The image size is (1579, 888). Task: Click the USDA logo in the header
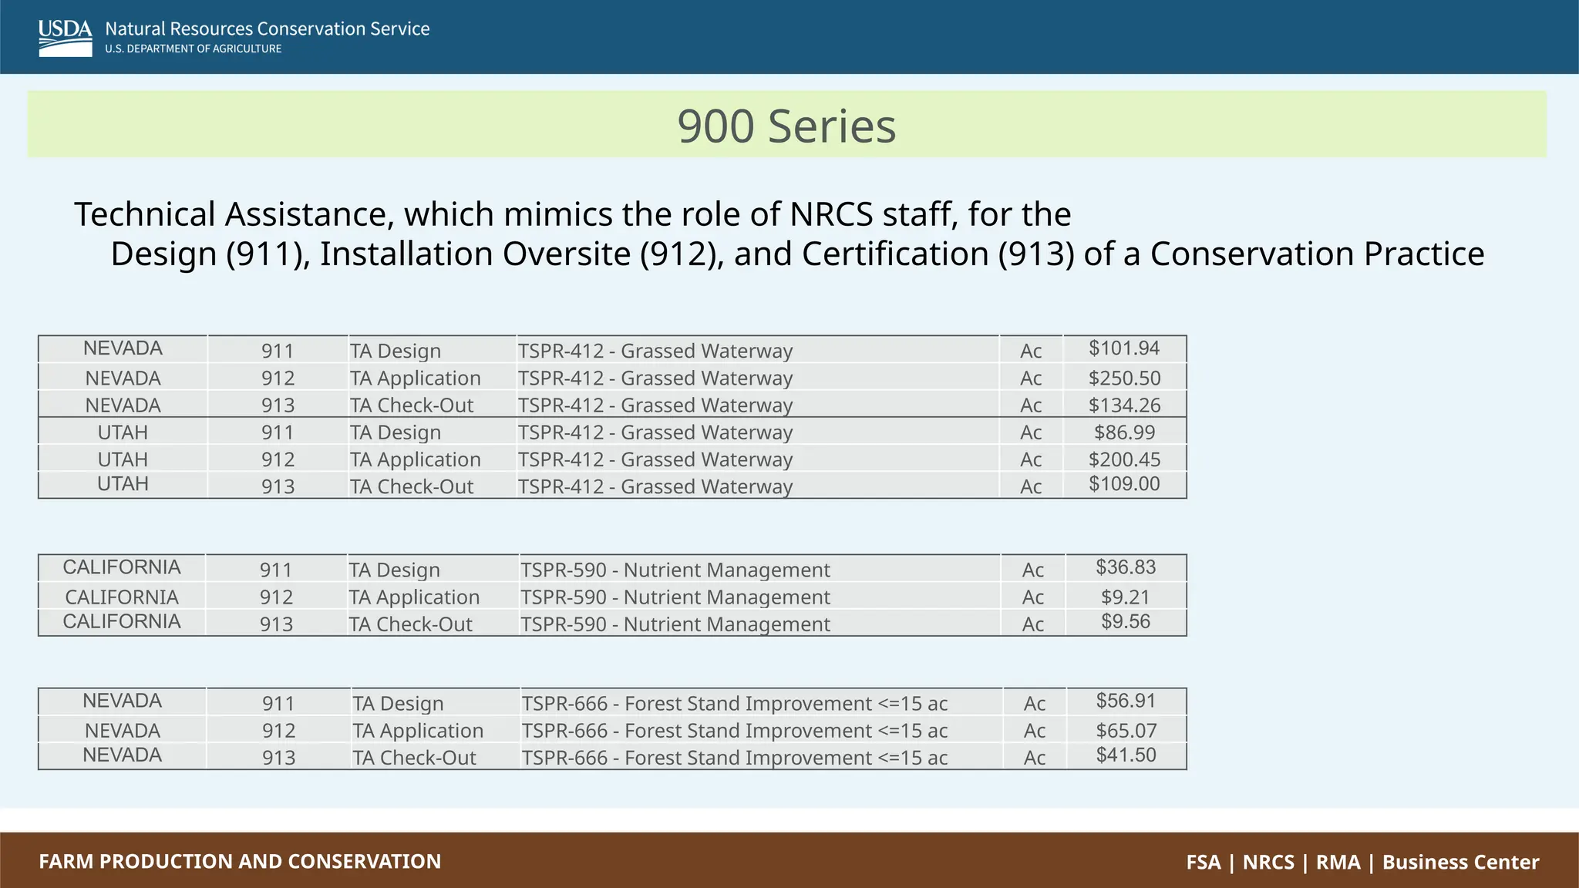click(x=65, y=38)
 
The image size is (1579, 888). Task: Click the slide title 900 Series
click(x=786, y=126)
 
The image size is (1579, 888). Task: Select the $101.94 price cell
click(x=1123, y=348)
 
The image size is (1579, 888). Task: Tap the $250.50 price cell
click(x=1124, y=378)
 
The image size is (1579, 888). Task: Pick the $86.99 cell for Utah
click(x=1124, y=432)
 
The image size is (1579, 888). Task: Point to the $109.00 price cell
click(x=1124, y=484)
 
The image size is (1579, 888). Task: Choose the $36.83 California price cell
click(x=1126, y=567)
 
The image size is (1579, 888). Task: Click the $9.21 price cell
click(x=1126, y=597)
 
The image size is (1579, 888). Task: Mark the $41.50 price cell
click(x=1126, y=755)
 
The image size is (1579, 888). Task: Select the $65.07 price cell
click(x=1126, y=731)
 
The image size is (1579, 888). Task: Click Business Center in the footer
click(x=1460, y=862)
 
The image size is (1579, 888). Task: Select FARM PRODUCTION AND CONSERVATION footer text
click(x=240, y=861)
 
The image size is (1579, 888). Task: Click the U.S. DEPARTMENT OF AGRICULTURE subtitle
click(x=194, y=49)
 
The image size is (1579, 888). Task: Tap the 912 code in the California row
click(x=276, y=597)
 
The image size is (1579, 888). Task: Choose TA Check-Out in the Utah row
click(x=412, y=487)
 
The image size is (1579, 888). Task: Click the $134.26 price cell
click(x=1124, y=405)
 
